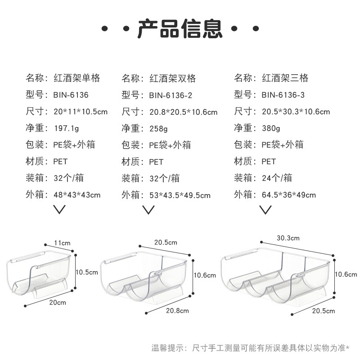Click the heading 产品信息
coord(180,28)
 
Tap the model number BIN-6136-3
coord(283,95)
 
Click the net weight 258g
coord(158,129)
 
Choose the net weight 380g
coord(271,129)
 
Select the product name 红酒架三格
coord(285,78)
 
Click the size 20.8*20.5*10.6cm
coord(183,112)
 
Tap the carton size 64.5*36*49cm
coord(288,195)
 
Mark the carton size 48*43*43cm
coord(76,195)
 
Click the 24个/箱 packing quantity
coord(277,178)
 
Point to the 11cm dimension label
coord(63,243)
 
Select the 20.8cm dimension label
coord(177,310)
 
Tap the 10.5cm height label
coord(86,272)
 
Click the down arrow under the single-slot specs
coord(59,209)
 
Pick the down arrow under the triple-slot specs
coord(265,209)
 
